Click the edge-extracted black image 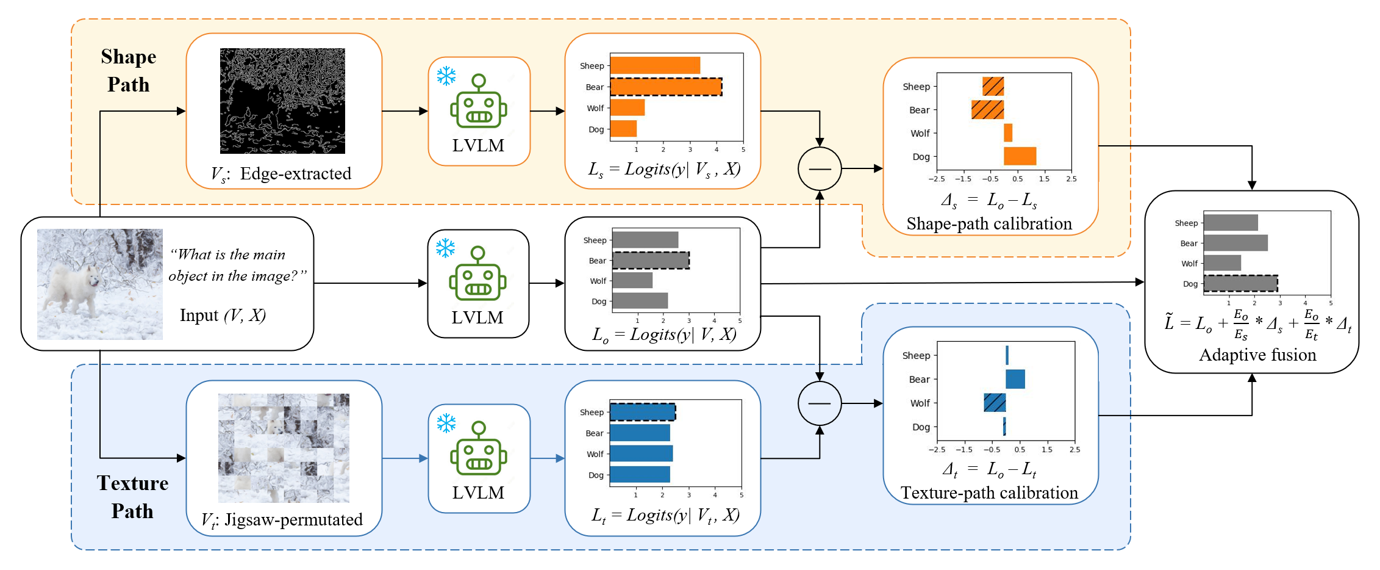pyautogui.click(x=282, y=101)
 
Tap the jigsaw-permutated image pyautogui.click(x=284, y=448)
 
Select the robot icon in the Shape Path pyautogui.click(x=479, y=102)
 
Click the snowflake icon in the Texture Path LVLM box pyautogui.click(x=446, y=423)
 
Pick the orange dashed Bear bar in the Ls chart pyautogui.click(x=666, y=87)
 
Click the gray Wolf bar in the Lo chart pyautogui.click(x=632, y=281)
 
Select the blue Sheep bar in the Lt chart pyautogui.click(x=642, y=412)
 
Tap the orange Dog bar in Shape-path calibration pyautogui.click(x=1020, y=156)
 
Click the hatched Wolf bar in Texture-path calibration pyautogui.click(x=995, y=403)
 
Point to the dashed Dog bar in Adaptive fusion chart pyautogui.click(x=1240, y=283)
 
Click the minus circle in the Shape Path pyautogui.click(x=820, y=168)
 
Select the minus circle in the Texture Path pyautogui.click(x=820, y=403)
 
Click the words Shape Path pyautogui.click(x=129, y=70)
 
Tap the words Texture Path pyautogui.click(x=132, y=497)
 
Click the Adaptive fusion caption pyautogui.click(x=1257, y=355)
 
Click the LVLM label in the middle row pyautogui.click(x=477, y=317)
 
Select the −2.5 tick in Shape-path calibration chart pyautogui.click(x=936, y=179)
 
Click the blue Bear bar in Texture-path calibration pyautogui.click(x=1015, y=379)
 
